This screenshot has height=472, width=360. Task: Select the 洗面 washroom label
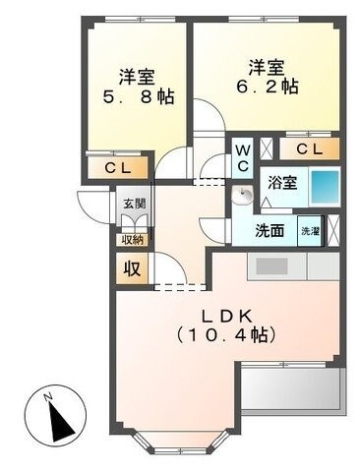tap(270, 232)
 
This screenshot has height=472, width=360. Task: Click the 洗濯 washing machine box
tap(311, 231)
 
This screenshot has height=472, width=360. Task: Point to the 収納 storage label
tap(133, 239)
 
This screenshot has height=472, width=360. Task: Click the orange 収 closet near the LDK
tap(131, 266)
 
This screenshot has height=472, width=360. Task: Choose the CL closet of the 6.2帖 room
tap(308, 148)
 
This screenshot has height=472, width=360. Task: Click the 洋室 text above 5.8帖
tap(137, 76)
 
